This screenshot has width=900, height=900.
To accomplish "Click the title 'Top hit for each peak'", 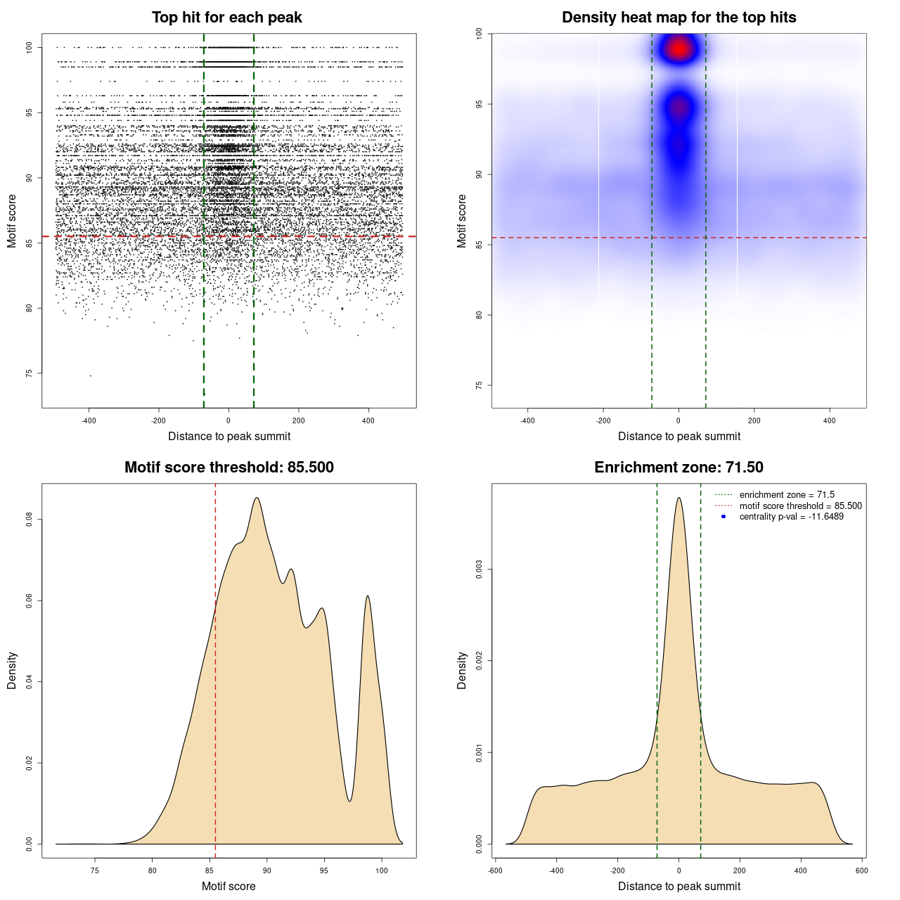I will coord(227,18).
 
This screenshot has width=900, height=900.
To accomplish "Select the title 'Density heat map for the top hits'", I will coord(679,18).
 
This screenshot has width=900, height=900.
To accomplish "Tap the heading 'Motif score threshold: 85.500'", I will coord(229,468).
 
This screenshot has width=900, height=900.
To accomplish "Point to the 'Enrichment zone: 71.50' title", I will coord(679,468).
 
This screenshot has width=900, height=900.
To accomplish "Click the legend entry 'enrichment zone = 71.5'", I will coord(787,495).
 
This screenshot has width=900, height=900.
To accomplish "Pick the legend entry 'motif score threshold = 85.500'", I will coord(800,506).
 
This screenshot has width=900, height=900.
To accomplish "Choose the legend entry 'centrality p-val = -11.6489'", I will coord(791,517).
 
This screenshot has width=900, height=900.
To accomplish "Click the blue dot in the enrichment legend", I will coord(724,517).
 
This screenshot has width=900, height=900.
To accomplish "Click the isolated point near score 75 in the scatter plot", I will coord(90,375).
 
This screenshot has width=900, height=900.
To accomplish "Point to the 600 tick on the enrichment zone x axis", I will coord(862,870).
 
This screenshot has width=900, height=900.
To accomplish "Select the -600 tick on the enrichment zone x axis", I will coord(495,870).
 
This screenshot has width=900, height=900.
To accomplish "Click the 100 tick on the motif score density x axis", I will coord(382,870).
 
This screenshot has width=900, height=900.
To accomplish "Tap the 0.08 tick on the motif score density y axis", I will coord(29,520).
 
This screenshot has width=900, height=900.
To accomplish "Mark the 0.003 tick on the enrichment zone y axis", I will coord(479,569).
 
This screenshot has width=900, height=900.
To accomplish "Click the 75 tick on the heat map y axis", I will coord(479,385).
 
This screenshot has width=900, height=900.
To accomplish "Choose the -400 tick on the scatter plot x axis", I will coord(89,420).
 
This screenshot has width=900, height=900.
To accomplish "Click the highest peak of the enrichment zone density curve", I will coord(679,498).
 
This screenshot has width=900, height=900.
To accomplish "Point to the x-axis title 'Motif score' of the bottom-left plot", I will coord(229,886).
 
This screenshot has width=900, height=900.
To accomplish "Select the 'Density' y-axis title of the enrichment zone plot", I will coord(462,670).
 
